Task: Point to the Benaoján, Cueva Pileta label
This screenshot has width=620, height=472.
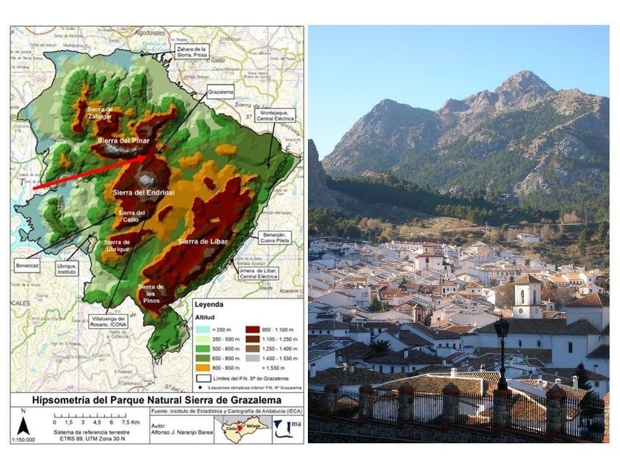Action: click(x=274, y=238)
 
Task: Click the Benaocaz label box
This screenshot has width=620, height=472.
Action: click(x=27, y=265)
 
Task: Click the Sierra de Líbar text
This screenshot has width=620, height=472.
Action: click(x=201, y=242)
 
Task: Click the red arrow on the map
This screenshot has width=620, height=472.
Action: click(x=91, y=172)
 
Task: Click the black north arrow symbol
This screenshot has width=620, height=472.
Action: click(x=23, y=426)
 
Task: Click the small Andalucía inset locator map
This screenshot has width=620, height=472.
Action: click(x=245, y=428)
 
